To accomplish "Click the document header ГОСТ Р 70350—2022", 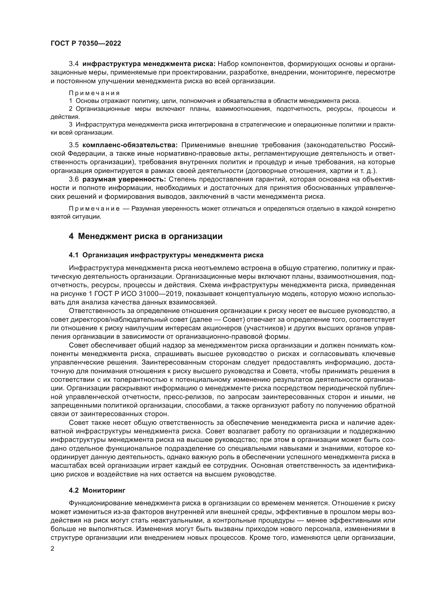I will point(86,43).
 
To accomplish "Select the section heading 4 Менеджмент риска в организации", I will point(146,236).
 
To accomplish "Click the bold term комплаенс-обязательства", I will point(130,145).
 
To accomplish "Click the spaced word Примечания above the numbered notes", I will point(94,93).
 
